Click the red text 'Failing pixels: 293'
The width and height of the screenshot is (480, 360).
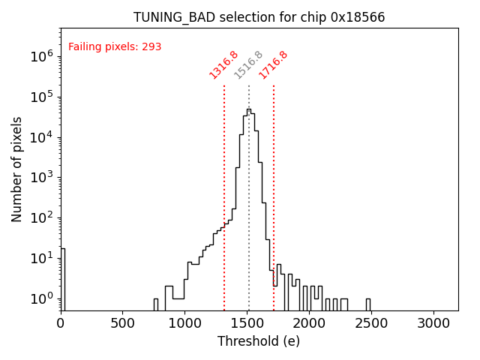115,47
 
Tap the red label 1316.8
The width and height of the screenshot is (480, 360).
223,64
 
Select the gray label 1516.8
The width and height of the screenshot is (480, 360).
248,64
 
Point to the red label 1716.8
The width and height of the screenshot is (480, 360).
273,64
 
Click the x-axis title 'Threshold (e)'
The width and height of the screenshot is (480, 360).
259,341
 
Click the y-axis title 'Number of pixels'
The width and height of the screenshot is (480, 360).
17,169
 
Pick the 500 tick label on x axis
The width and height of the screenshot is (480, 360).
123,323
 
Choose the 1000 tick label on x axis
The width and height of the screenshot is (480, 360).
184,323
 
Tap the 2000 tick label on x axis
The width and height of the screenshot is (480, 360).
309,323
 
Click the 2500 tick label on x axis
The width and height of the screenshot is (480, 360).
371,323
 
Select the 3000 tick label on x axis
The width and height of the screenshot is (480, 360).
433,323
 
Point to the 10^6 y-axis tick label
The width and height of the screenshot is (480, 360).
41,56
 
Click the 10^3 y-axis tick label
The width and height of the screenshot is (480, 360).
41,178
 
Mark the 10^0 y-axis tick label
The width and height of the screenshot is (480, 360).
41,299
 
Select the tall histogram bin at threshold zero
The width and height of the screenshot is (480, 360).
62,277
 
